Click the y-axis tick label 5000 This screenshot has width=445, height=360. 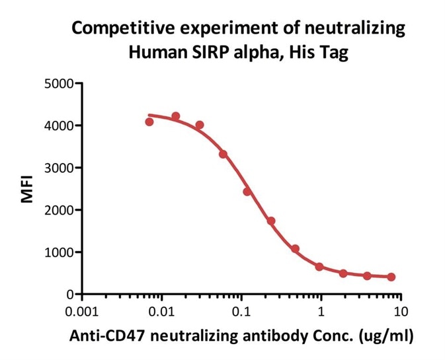pyautogui.click(x=60, y=83)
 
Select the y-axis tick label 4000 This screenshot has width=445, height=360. pyautogui.click(x=60, y=126)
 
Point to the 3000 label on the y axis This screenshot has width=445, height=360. pyautogui.click(x=60, y=168)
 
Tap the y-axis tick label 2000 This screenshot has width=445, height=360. pyautogui.click(x=60, y=210)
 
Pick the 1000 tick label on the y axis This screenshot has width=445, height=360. pyautogui.click(x=60, y=252)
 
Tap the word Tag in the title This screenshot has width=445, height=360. pyautogui.click(x=335, y=52)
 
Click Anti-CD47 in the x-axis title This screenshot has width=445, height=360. pyautogui.click(x=100, y=336)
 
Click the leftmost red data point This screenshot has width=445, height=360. pyautogui.click(x=149, y=122)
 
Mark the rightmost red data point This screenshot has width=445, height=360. pyautogui.click(x=391, y=277)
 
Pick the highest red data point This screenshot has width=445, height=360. pyautogui.click(x=176, y=116)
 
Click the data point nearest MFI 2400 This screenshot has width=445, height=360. pyautogui.click(x=247, y=192)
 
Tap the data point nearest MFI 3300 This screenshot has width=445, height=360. pyautogui.click(x=223, y=154)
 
